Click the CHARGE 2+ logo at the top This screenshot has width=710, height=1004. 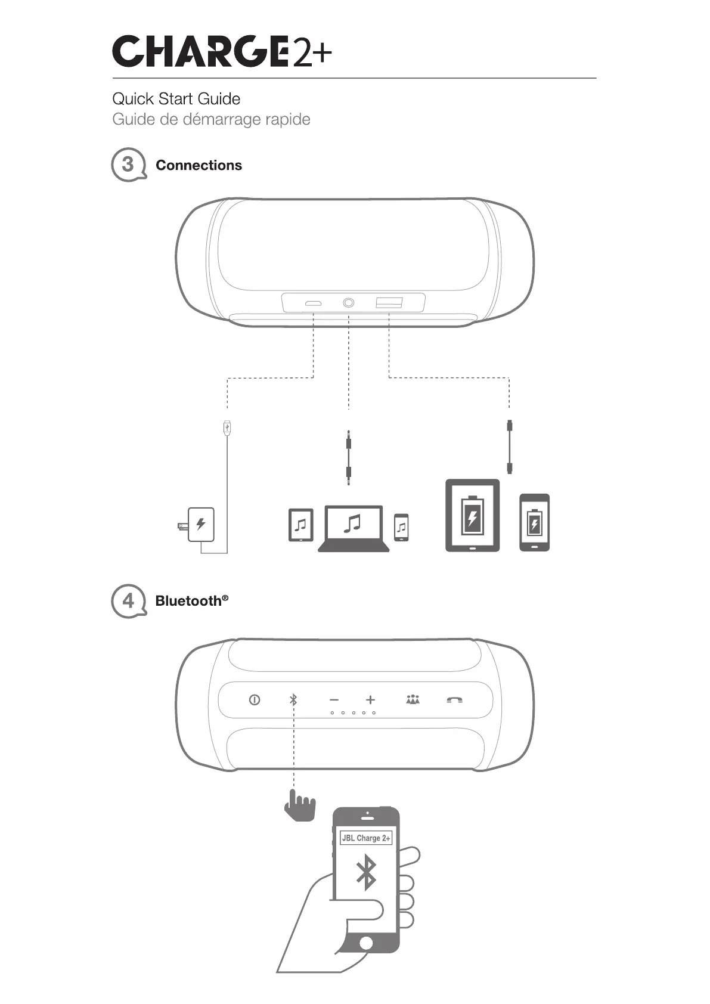click(x=222, y=52)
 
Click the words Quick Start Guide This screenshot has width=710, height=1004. click(x=176, y=99)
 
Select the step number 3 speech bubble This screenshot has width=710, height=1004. click(x=128, y=165)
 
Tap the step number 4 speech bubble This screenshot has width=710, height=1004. click(x=128, y=600)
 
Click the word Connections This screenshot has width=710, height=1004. click(x=199, y=165)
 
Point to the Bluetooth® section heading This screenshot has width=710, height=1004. click(x=191, y=600)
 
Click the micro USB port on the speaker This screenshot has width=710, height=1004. click(x=313, y=303)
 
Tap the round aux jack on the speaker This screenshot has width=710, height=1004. click(x=348, y=303)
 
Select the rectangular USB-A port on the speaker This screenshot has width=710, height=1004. click(x=389, y=303)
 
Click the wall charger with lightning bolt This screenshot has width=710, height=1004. click(x=200, y=525)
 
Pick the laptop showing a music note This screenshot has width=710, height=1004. click(x=354, y=528)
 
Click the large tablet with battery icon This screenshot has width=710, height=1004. click(x=472, y=516)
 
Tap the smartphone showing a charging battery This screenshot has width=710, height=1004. click(x=534, y=522)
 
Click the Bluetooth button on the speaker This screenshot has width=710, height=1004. click(x=293, y=699)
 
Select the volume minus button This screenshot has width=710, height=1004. click(x=334, y=700)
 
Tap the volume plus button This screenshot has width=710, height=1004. click(x=370, y=699)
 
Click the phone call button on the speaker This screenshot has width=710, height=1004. click(x=454, y=700)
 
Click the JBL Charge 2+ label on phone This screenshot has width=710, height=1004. click(x=366, y=838)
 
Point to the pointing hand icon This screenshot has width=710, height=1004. click(x=299, y=806)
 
